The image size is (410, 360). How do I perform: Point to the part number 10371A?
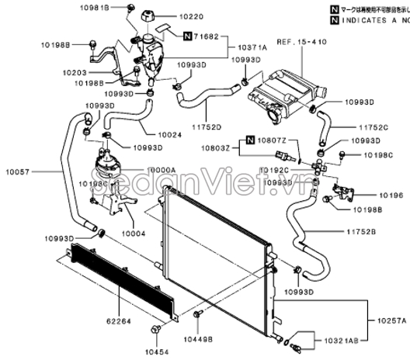point(252,48)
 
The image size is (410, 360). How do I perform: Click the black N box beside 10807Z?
point(250,140)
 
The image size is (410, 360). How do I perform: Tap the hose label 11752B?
point(361,232)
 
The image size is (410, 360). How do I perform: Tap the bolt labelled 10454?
point(158,331)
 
